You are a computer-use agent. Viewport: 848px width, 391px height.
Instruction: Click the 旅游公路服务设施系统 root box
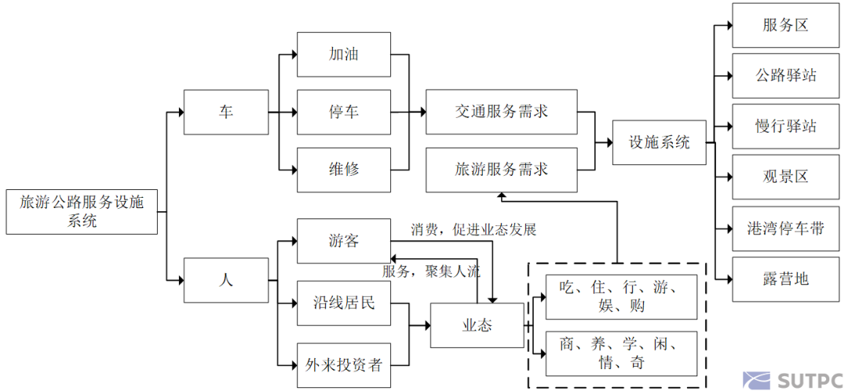82,211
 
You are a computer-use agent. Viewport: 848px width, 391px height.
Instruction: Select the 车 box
225,112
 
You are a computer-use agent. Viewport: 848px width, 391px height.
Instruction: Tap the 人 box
225,280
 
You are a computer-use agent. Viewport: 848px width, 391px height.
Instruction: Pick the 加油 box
343,54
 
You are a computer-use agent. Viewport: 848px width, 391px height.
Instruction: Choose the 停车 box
343,112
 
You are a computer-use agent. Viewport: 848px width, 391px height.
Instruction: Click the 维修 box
343,170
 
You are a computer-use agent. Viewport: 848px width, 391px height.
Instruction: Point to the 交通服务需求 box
501,112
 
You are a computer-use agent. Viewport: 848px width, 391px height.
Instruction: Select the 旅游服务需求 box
501,170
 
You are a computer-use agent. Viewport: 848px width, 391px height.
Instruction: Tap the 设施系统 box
659,143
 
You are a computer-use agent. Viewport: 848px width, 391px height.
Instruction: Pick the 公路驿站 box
784,76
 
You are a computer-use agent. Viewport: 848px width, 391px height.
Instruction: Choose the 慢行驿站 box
784,126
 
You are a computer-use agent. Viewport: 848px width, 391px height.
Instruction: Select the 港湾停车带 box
784,228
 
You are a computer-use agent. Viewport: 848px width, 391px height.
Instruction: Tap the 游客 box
343,241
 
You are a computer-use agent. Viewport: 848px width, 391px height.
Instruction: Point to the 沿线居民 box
343,302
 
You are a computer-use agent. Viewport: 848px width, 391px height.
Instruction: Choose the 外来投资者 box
343,365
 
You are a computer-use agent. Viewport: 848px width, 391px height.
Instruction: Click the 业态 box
477,325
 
